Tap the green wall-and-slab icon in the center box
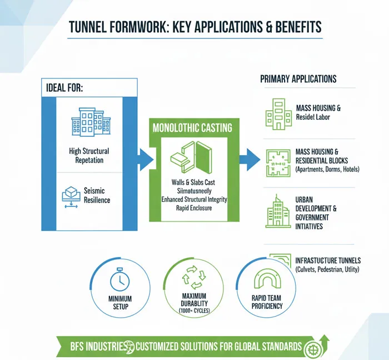click(x=191, y=157)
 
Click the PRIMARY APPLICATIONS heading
click(x=298, y=79)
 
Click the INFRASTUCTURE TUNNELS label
click(x=328, y=260)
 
